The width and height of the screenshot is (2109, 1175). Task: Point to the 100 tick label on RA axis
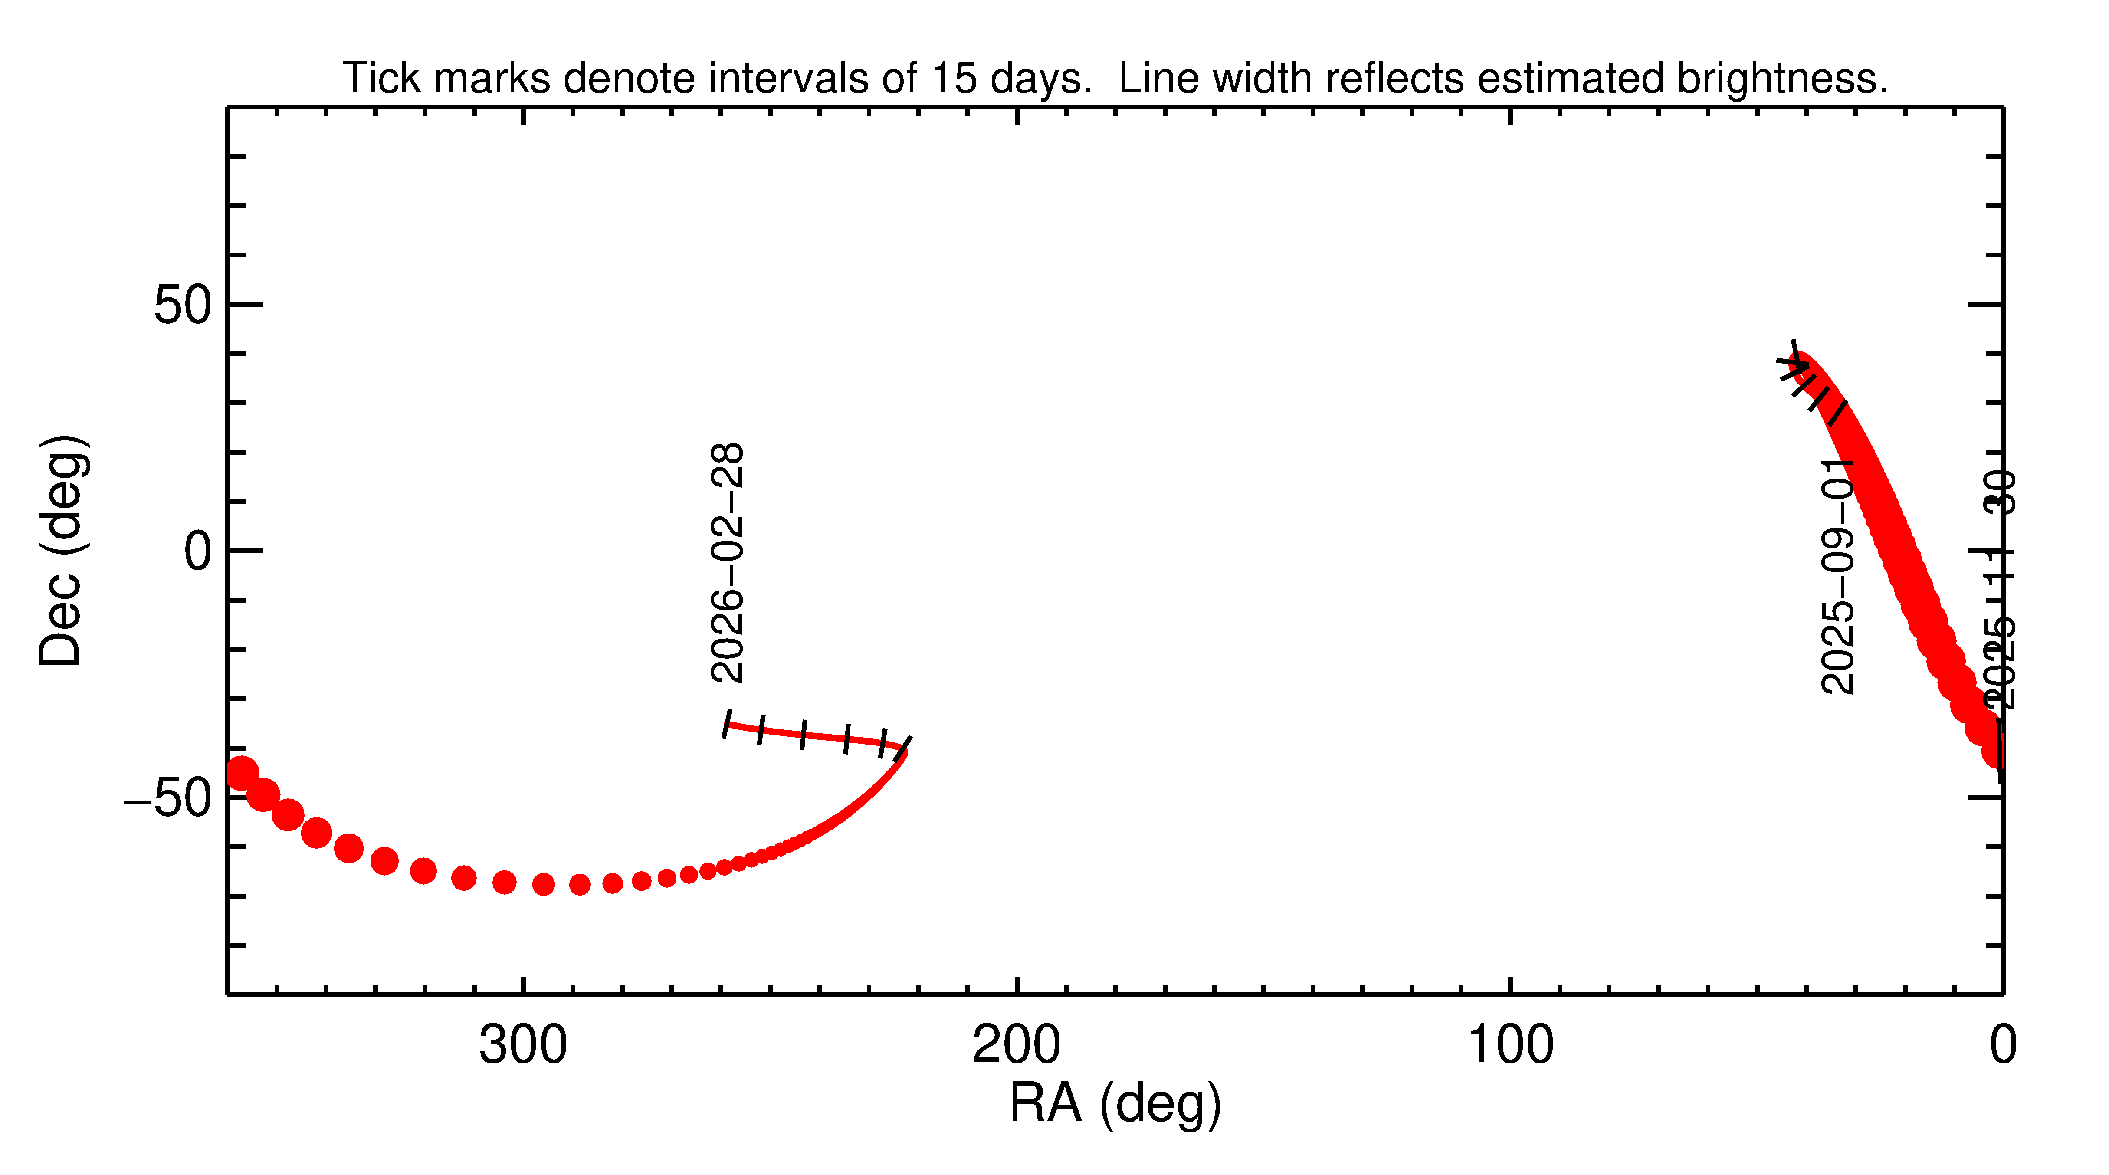1510,1046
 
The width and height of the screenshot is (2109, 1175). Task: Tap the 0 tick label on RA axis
2003,1046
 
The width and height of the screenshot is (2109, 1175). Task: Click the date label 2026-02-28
727,563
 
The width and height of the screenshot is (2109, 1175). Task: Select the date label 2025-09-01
1837,577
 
